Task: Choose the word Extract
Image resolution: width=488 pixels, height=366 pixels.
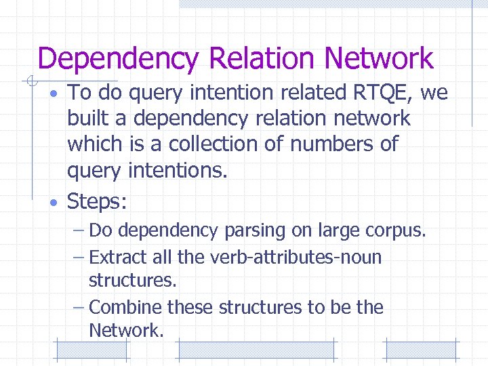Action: click(117, 258)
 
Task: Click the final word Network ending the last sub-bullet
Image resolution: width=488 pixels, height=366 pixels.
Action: click(125, 331)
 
